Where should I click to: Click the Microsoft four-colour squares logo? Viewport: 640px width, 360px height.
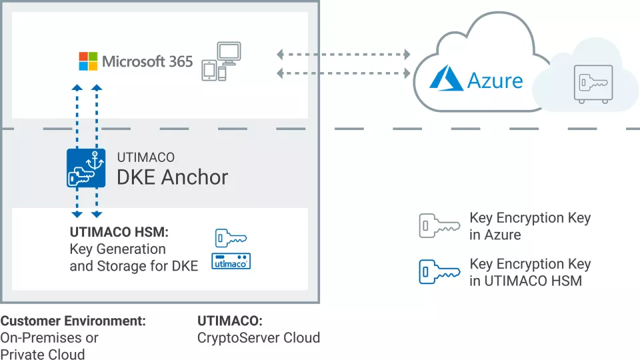(88, 61)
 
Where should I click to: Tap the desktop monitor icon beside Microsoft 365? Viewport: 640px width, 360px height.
(229, 54)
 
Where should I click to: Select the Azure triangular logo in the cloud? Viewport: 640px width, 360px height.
(446, 78)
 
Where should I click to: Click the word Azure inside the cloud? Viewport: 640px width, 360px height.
(495, 81)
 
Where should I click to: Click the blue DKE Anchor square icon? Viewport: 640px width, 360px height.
(86, 167)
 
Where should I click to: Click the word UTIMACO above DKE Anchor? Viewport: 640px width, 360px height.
(145, 158)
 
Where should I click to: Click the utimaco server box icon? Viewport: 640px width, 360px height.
(231, 261)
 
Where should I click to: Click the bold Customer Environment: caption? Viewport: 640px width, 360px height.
(73, 321)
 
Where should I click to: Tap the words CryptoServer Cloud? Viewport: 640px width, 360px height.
(259, 337)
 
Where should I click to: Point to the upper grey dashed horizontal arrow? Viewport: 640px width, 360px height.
(343, 53)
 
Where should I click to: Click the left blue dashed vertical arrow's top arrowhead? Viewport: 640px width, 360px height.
(77, 88)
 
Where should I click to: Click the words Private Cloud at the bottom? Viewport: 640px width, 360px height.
(42, 354)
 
